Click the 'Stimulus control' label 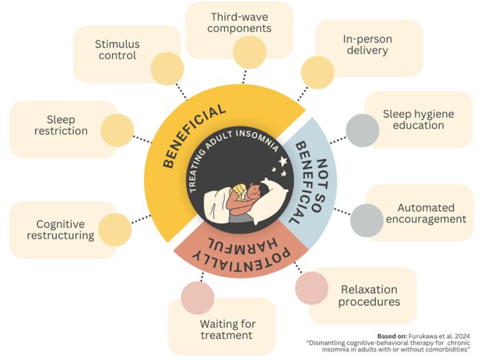(x=117, y=50)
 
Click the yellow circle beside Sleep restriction (x=117, y=130)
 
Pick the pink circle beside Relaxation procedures (x=312, y=288)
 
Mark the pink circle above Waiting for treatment (x=198, y=298)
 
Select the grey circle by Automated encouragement (x=367, y=220)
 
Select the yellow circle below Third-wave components (x=249, y=52)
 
